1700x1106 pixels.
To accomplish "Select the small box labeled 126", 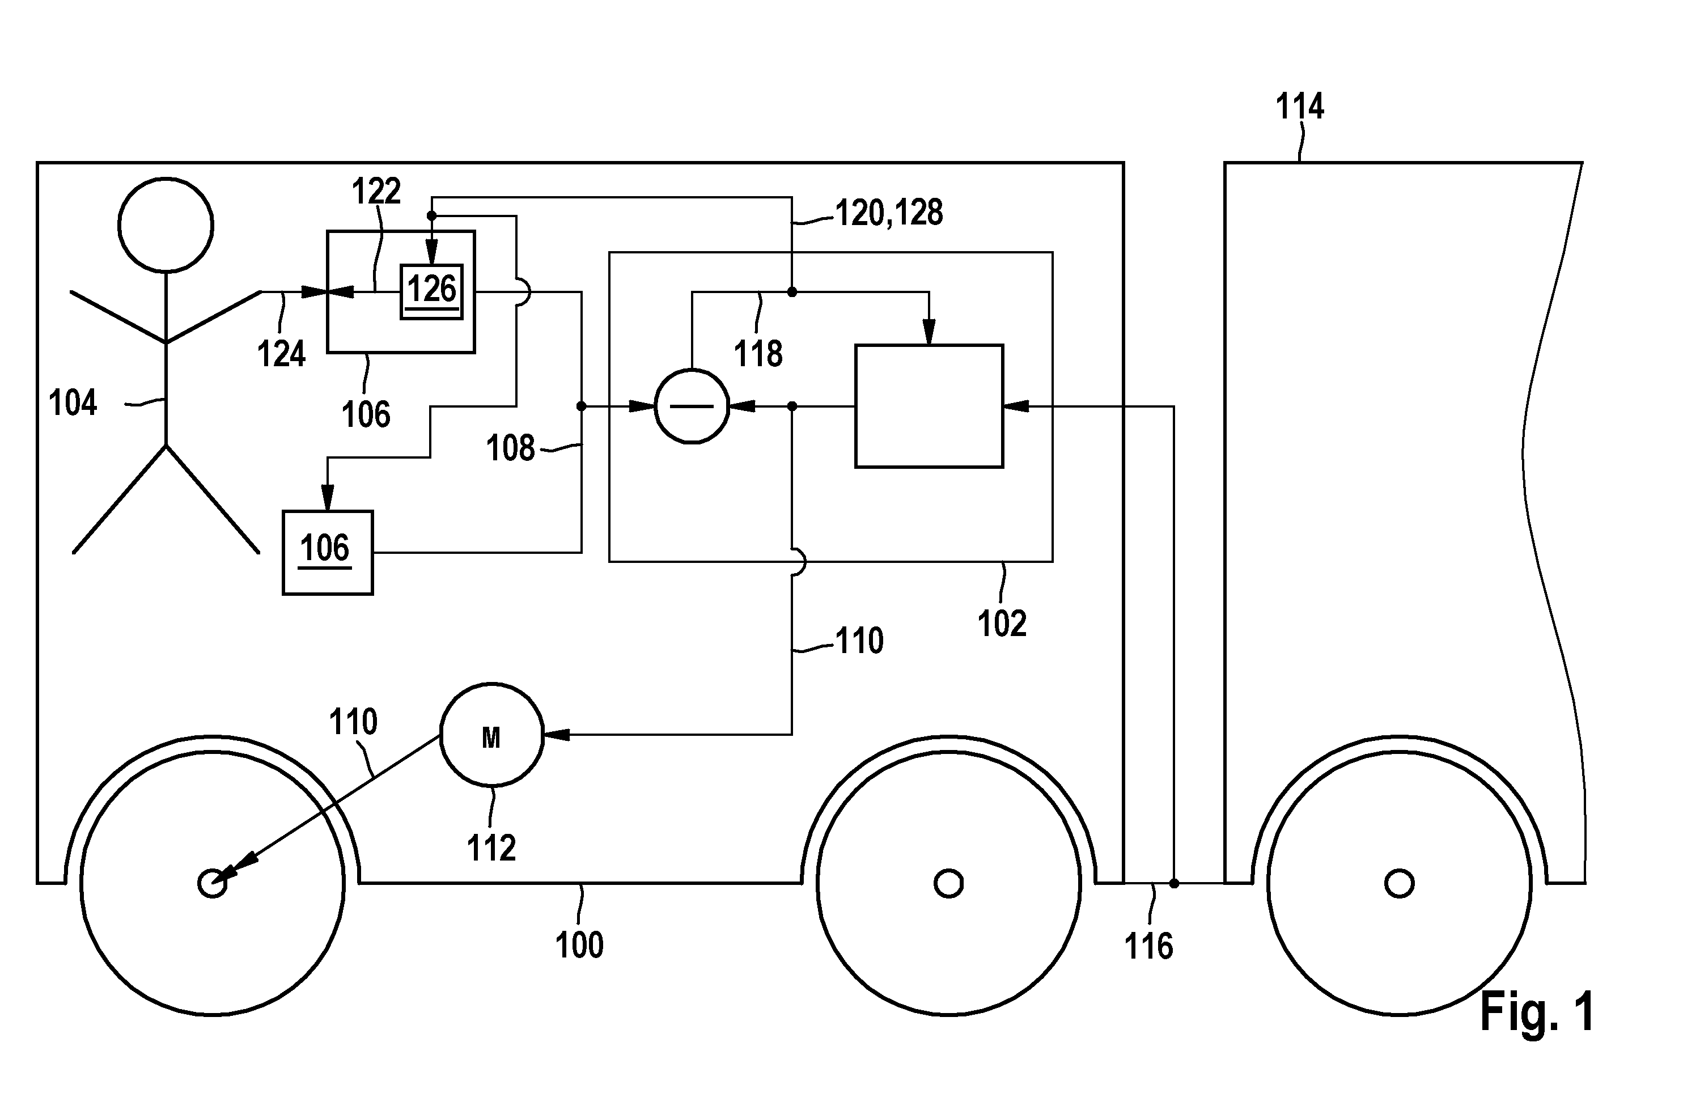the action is (x=431, y=291).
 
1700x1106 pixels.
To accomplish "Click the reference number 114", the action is (x=1300, y=107).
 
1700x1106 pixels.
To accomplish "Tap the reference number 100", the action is (x=579, y=945).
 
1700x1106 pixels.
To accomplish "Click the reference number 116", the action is (x=1148, y=947).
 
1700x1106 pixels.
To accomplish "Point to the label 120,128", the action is (x=889, y=213).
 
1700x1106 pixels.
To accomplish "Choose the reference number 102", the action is (x=1002, y=624).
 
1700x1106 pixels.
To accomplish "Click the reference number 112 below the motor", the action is (x=491, y=848).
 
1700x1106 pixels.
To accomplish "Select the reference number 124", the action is (x=281, y=354).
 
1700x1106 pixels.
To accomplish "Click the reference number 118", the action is (x=758, y=354).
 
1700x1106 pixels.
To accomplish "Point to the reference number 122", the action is (x=376, y=192).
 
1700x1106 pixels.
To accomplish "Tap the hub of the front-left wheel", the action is (x=212, y=883).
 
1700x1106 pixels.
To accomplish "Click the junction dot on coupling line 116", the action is (x=1173, y=883).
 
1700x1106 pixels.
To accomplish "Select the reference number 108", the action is (x=510, y=448).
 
